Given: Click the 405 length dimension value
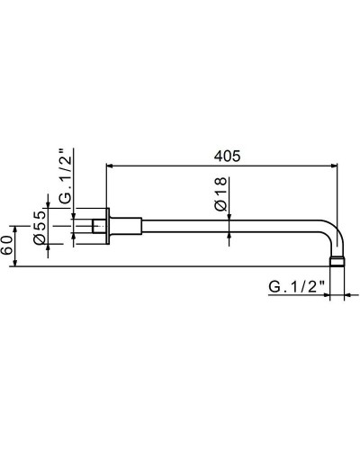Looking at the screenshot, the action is pyautogui.click(x=227, y=157).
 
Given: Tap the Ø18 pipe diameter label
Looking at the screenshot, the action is pyautogui.click(x=220, y=193).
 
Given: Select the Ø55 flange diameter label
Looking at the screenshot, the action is pyautogui.click(x=40, y=227).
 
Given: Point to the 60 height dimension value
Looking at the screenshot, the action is pyautogui.click(x=6, y=245).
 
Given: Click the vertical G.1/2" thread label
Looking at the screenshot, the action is pyautogui.click(x=66, y=176).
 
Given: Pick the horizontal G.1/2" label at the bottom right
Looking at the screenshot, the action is pyautogui.click(x=297, y=287).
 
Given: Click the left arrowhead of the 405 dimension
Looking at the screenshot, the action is pyautogui.click(x=111, y=166).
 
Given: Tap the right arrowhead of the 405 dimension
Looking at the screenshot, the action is pyautogui.click(x=333, y=166).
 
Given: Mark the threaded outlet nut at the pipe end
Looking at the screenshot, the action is pyautogui.click(x=337, y=261).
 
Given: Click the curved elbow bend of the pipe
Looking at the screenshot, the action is pyautogui.click(x=336, y=231).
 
